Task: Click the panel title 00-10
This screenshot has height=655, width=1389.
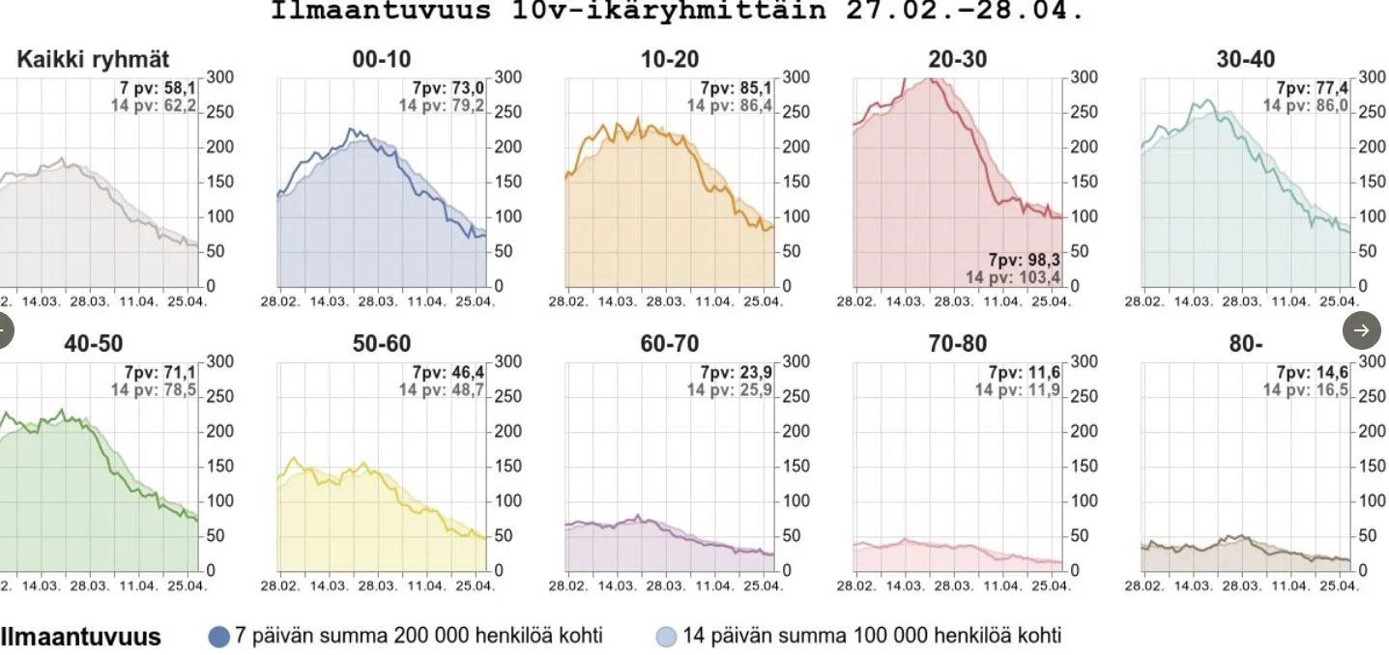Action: (381, 60)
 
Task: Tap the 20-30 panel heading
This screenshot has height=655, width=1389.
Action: (957, 60)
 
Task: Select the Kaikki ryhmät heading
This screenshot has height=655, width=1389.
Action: (93, 60)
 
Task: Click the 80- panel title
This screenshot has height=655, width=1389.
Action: (1245, 344)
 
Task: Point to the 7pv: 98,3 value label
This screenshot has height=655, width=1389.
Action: (1024, 260)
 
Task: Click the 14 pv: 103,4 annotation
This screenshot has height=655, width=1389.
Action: (1013, 278)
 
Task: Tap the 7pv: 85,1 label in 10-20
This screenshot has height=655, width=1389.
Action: (737, 88)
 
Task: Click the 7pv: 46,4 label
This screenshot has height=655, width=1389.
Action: (449, 372)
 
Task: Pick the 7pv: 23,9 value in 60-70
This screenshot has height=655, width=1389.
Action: (737, 372)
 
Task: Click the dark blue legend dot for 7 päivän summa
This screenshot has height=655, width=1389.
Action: (219, 637)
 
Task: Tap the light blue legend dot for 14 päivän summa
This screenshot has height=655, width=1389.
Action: (666, 637)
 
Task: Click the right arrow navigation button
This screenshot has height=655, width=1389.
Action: (1361, 330)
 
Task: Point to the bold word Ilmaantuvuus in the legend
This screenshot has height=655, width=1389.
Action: (81, 637)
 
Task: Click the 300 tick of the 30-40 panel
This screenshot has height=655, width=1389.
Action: (1372, 77)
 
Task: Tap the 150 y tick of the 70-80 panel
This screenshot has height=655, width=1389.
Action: (1084, 466)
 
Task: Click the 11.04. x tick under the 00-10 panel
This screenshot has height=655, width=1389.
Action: (426, 301)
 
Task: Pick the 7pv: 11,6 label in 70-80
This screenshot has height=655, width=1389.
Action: (1024, 372)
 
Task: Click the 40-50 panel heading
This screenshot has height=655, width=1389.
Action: (93, 344)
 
